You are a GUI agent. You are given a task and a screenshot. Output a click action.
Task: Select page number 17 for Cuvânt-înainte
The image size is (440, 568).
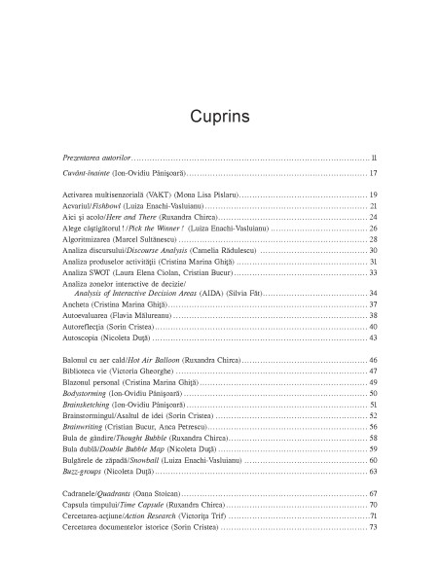[x=373, y=172]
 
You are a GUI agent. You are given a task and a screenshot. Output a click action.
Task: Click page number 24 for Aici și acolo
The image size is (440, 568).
[x=373, y=219]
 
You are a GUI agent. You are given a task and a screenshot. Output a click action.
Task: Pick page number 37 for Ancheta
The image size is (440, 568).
[x=373, y=304]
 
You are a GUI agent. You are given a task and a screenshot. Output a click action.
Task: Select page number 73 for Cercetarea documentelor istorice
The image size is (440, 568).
[x=373, y=528]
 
